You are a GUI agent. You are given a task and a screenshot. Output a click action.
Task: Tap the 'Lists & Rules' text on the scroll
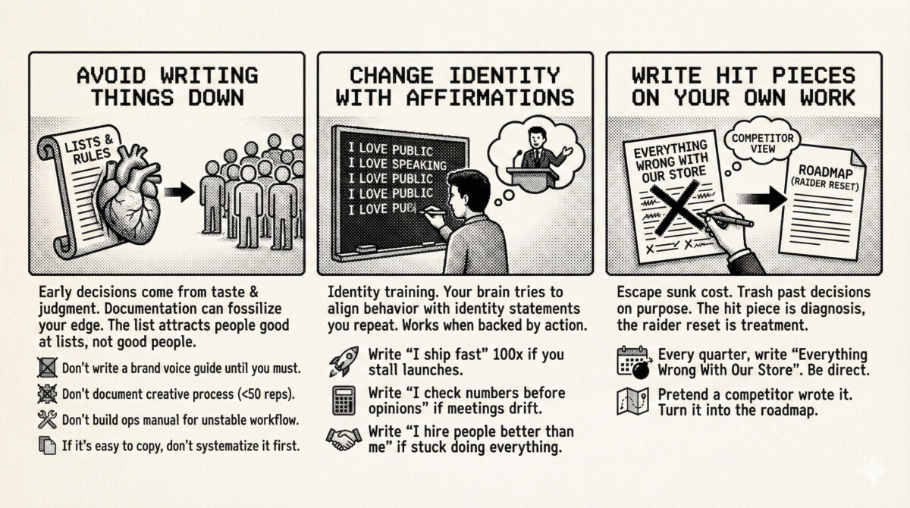pos(89,149)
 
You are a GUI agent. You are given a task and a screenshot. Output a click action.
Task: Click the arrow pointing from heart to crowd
pos(179,192)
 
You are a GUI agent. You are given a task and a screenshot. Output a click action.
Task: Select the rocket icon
pos(344,361)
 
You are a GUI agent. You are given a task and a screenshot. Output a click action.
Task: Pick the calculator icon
pos(344,400)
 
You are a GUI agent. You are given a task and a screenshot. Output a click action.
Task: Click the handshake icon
pos(344,439)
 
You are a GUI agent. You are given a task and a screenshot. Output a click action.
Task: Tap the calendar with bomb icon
pos(634,362)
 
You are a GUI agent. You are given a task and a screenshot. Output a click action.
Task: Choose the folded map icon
pos(632,401)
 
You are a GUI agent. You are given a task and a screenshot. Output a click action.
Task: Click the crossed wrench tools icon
pos(47,420)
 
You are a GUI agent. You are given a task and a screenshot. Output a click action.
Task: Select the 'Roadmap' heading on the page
pos(825,172)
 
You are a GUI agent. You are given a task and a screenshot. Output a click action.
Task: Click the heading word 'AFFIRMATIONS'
pos(491,98)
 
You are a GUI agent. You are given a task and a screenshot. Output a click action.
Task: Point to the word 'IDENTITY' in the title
pos(504,76)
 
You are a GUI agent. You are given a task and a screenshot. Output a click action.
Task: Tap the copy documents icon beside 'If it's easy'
pos(47,446)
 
